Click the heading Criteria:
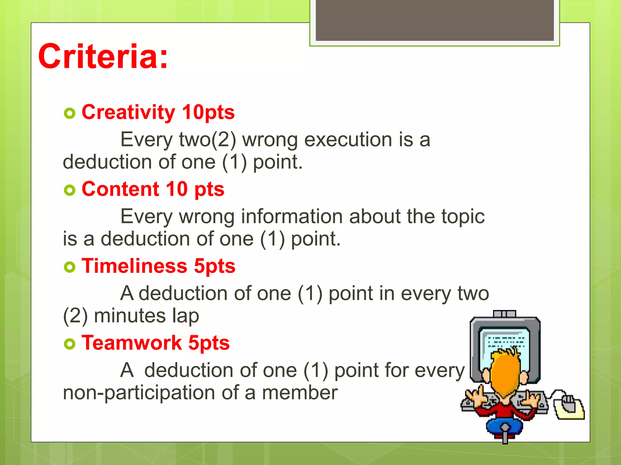103,57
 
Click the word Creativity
128,112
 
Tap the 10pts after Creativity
208,112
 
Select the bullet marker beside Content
69,190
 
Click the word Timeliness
134,266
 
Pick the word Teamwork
132,343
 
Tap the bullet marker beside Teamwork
69,344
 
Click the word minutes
130,316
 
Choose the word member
299,393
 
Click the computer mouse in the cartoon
568,404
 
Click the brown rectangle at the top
435,20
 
